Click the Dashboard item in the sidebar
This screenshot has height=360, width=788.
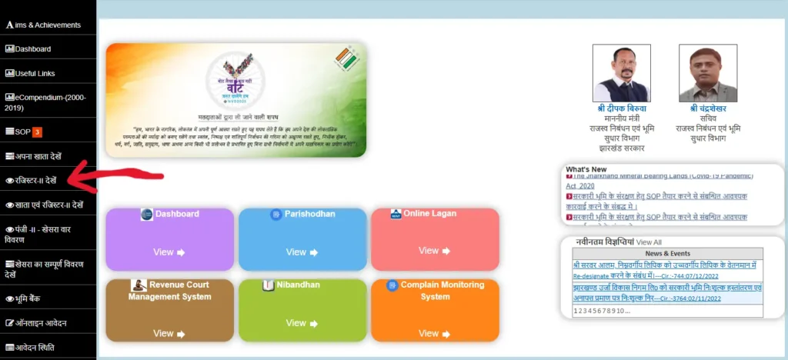[x=32, y=49]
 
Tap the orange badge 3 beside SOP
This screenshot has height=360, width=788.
[x=37, y=132]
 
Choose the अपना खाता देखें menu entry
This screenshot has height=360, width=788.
[x=38, y=156]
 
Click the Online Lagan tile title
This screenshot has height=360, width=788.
[x=429, y=214]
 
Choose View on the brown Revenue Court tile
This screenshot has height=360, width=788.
[x=169, y=333]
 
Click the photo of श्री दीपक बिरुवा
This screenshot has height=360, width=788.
[x=621, y=73]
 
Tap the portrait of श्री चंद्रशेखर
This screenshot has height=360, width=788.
[x=707, y=73]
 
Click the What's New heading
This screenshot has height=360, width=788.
[x=586, y=169]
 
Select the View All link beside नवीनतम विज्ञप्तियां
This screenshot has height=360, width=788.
[x=649, y=242]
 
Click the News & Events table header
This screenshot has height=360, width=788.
[x=667, y=253]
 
